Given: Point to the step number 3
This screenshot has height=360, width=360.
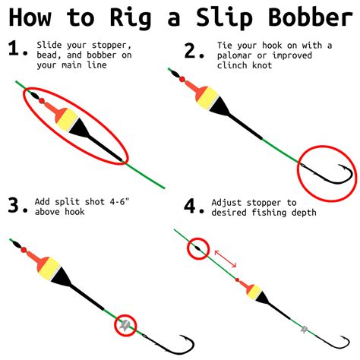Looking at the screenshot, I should tap(16, 205).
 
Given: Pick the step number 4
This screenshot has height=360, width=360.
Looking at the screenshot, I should tap(192, 205).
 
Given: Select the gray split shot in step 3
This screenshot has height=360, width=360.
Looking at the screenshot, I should tap(125, 326).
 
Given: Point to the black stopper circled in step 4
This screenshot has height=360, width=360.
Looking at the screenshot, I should tap(197, 248).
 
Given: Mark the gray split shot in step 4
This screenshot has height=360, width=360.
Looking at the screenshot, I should tap(304, 330).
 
